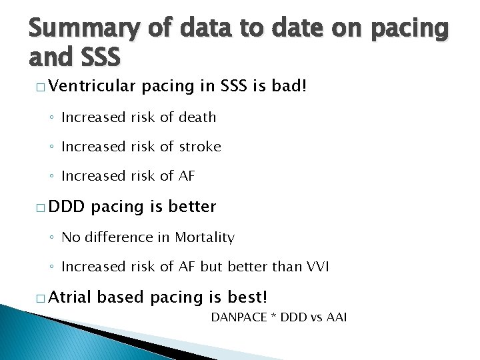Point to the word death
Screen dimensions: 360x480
pos(197,117)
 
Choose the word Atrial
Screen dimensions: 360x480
pos(71,297)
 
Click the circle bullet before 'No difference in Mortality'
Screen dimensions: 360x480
pos(52,238)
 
